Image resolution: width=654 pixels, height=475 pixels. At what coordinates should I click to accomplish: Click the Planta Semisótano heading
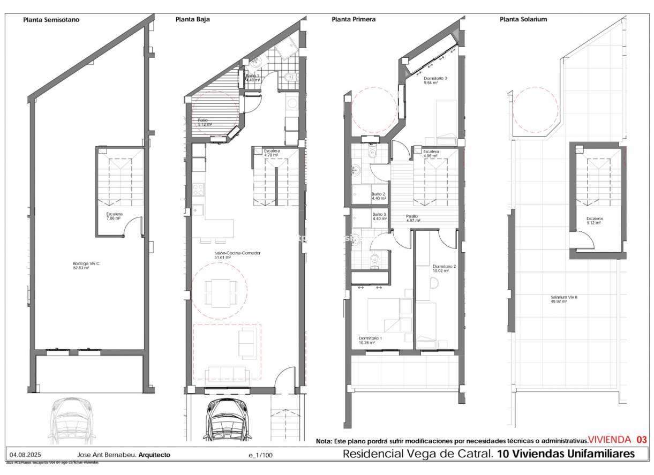pos(51,20)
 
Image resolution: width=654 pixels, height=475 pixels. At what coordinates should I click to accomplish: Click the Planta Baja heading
pos(192,20)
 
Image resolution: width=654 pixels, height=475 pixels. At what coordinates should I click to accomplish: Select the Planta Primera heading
pos(354,20)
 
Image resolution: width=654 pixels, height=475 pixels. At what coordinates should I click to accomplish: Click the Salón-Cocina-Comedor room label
pos(230,253)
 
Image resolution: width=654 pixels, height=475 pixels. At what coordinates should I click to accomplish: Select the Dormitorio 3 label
pos(434,78)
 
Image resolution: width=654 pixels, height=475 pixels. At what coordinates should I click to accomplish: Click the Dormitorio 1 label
pos(370,338)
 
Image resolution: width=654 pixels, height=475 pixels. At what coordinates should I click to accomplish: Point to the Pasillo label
pos(412,216)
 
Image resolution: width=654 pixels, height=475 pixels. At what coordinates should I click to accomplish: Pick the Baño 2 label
pos(378,194)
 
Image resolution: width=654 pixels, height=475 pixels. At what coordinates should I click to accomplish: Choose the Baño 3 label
pos(378,214)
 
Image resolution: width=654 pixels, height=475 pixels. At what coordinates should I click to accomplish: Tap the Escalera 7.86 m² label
pos(114,214)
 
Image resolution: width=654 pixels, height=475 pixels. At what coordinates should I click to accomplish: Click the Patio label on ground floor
pos(202,120)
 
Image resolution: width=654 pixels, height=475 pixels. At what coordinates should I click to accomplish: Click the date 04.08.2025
pos(22,455)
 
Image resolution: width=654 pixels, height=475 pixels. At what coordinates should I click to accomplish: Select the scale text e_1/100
pos(260,455)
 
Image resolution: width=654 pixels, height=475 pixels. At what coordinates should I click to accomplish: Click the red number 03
pos(641,440)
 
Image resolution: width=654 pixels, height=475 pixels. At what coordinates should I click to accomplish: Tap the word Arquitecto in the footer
pos(154,455)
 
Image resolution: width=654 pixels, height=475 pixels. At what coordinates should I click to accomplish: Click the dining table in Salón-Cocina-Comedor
pos(220,292)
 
